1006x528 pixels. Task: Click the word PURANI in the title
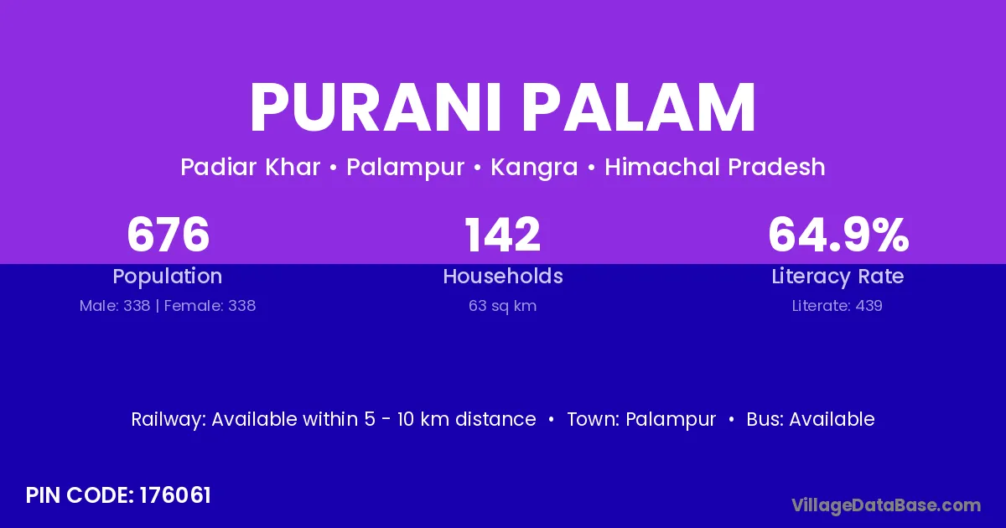click(x=375, y=107)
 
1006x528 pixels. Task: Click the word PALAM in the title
click(x=639, y=107)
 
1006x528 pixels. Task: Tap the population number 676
click(x=168, y=234)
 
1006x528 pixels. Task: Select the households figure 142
click(x=502, y=234)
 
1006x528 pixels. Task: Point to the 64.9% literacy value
click(x=838, y=234)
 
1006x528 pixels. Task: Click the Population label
click(x=168, y=276)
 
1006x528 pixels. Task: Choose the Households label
click(x=503, y=276)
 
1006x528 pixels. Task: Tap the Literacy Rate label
click(x=837, y=277)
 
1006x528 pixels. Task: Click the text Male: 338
click(x=115, y=306)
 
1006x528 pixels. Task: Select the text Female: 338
click(x=210, y=306)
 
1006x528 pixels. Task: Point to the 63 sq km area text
click(x=502, y=306)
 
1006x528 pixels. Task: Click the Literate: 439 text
click(x=837, y=306)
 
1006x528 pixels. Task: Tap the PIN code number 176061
click(x=174, y=495)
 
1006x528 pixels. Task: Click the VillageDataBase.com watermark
click(x=886, y=505)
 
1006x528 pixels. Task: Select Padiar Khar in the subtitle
click(x=250, y=167)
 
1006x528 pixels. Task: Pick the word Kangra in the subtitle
click(x=534, y=168)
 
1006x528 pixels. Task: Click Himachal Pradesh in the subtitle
click(x=715, y=167)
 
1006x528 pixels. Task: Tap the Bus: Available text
click(x=811, y=419)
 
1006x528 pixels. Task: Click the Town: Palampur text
click(x=641, y=420)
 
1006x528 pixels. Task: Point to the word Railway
click(x=169, y=420)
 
